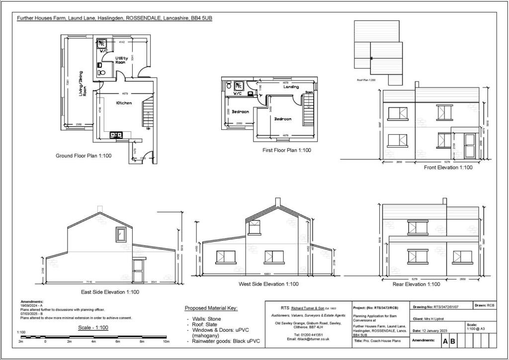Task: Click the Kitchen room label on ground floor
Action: tap(124, 103)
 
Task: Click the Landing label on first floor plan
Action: tap(291, 87)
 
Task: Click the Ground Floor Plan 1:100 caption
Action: tap(84, 156)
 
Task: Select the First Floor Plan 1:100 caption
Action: tap(287, 150)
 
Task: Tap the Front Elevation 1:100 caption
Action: tap(448, 168)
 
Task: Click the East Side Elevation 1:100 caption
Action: tap(110, 292)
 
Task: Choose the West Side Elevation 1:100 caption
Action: tap(268, 284)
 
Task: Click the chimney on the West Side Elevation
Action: tap(278, 201)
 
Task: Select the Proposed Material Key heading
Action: tap(211, 308)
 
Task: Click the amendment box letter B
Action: tap(453, 342)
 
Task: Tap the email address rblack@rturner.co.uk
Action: tap(305, 339)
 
